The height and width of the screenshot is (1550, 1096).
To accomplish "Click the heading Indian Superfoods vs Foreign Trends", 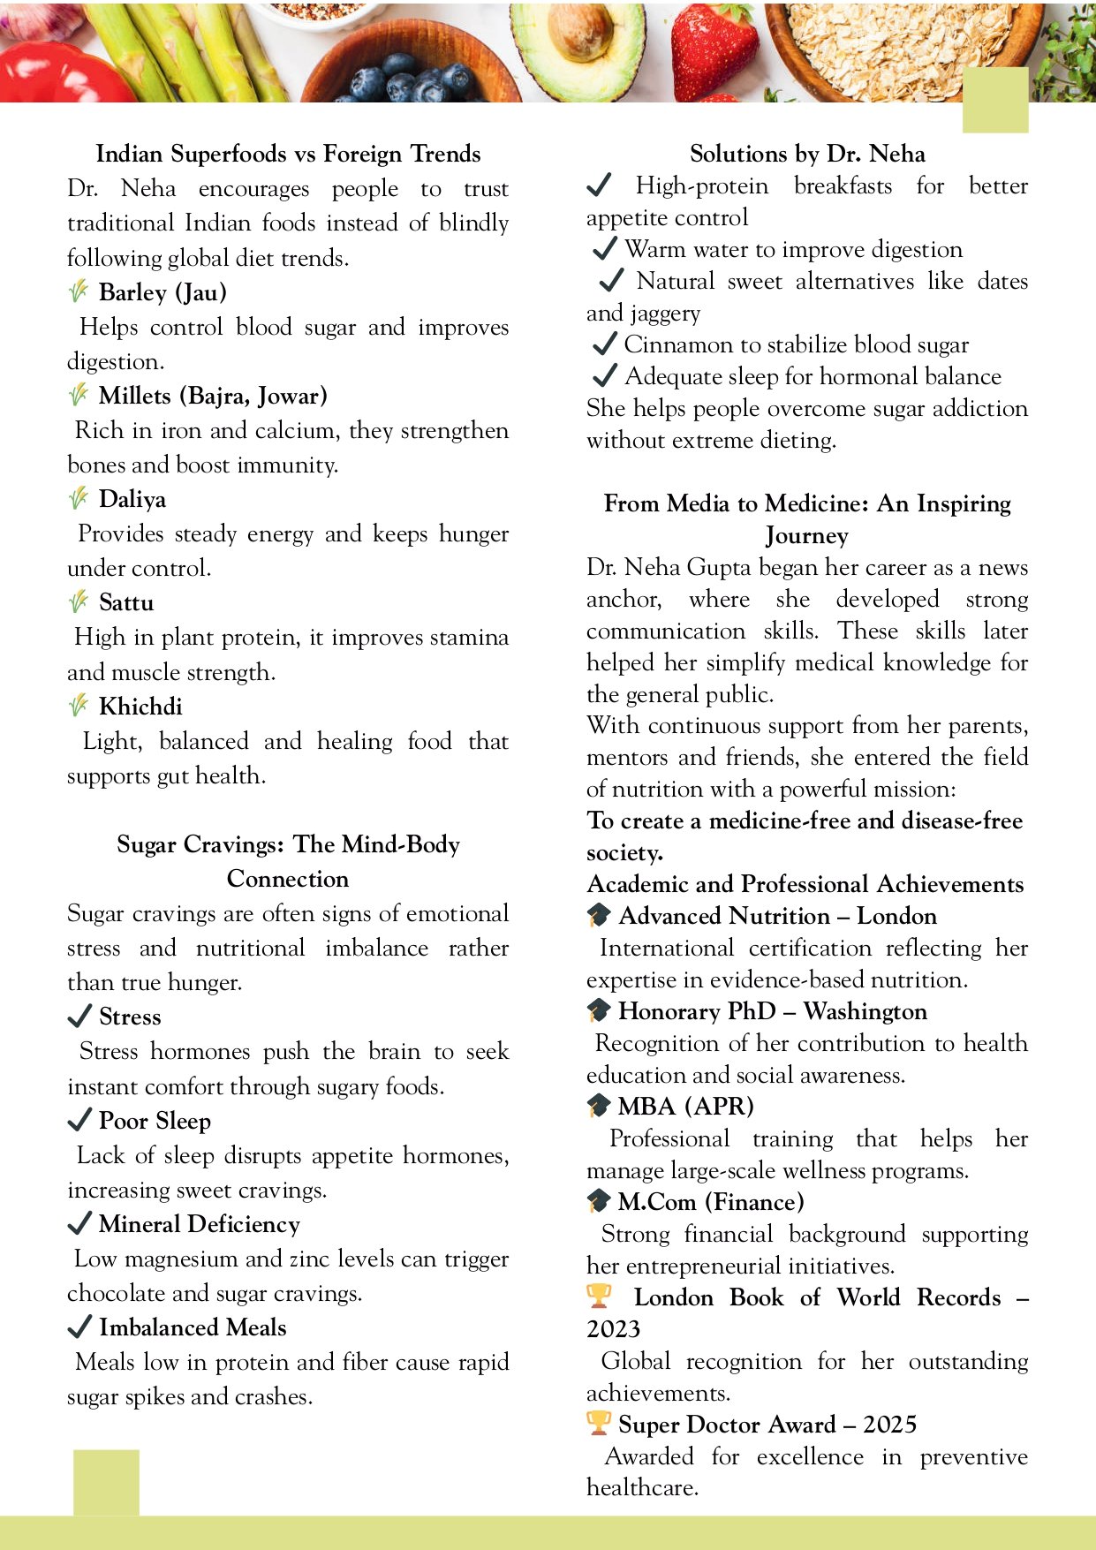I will coord(288,154).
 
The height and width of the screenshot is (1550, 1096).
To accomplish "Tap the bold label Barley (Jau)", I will coord(163,292).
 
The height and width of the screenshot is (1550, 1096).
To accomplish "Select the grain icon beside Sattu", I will coord(79,601).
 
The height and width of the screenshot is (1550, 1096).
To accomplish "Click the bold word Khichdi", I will coord(140,707).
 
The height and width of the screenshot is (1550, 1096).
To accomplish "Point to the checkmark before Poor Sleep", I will coord(79,1120).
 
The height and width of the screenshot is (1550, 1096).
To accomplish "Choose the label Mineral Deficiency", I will coord(200,1224).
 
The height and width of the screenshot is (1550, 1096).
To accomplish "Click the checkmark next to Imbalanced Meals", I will coord(79,1327).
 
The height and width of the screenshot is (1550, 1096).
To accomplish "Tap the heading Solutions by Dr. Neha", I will coord(807,154).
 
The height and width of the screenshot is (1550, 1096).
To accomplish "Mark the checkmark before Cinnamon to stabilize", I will coord(604,344).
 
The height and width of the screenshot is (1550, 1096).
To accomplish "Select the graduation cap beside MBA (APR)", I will coord(599,1105).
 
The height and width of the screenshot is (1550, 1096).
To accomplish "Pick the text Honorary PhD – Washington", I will coord(773,1011).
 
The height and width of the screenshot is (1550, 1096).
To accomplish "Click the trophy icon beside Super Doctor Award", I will coord(599,1423).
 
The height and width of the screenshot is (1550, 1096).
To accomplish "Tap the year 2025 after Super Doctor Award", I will coord(889,1425).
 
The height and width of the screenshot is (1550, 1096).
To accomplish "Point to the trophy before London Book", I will coord(599,1296).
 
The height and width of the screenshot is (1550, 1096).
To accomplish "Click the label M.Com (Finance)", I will coord(711,1202).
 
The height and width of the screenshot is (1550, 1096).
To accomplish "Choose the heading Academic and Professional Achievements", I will coord(805,884).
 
